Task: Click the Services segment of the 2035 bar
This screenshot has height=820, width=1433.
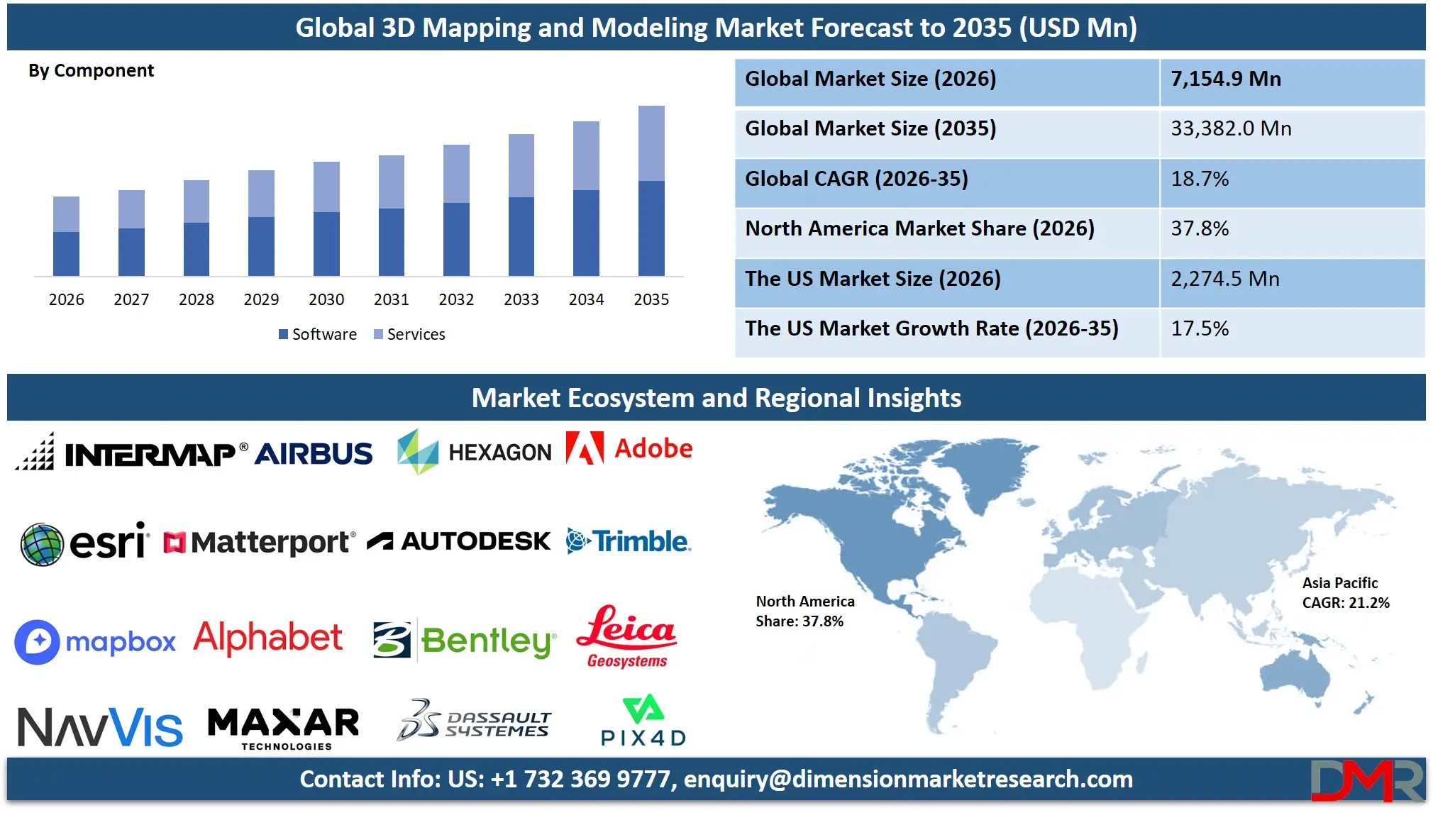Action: coord(651,143)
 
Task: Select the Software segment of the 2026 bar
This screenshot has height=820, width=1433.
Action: coord(66,253)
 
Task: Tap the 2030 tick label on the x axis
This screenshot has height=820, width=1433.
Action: coord(326,299)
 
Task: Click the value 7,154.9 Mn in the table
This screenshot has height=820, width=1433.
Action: coord(1226,79)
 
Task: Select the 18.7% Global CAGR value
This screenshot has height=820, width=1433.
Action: coord(1200,179)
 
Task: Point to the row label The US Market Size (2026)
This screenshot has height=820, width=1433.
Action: coord(873,279)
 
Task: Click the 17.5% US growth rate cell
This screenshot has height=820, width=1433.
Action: coord(1200,328)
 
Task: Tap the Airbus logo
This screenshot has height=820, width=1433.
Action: coord(313,454)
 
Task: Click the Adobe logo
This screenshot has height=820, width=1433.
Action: coord(629,449)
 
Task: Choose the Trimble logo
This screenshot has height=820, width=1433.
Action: coord(629,541)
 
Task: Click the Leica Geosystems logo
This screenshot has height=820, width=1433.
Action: coord(626,636)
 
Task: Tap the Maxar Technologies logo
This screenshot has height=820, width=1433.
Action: coord(284,728)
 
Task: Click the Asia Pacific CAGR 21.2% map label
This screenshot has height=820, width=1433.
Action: coord(1345,593)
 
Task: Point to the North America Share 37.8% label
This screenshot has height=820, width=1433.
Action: coord(804,611)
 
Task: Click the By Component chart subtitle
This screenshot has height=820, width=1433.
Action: coord(91,71)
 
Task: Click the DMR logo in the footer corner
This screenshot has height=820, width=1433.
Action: coord(1366,780)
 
